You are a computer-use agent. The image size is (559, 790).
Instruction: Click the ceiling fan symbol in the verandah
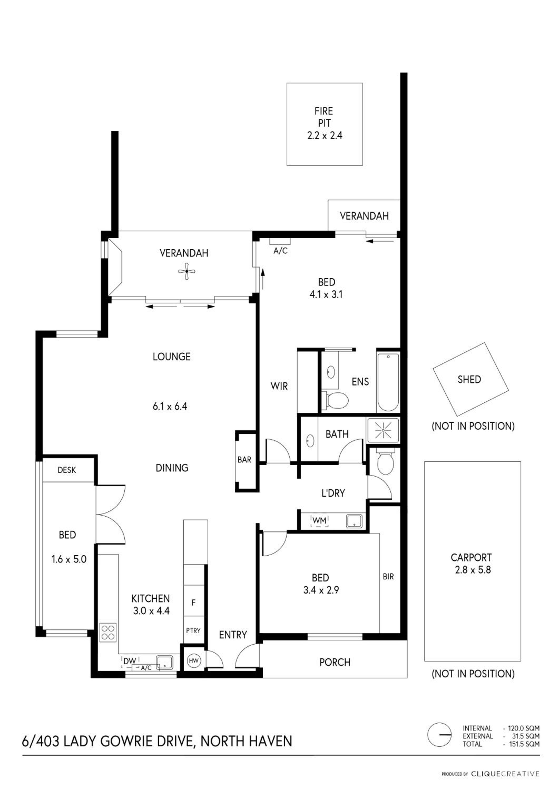[187, 271]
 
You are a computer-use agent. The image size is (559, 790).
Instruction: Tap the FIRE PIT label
[323, 117]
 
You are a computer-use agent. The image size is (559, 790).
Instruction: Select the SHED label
[469, 379]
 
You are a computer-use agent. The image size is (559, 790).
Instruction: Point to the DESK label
[67, 470]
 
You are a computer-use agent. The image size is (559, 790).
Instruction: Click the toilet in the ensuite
[336, 400]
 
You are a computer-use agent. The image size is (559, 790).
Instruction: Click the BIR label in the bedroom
[388, 577]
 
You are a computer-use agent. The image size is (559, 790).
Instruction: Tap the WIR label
[279, 386]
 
